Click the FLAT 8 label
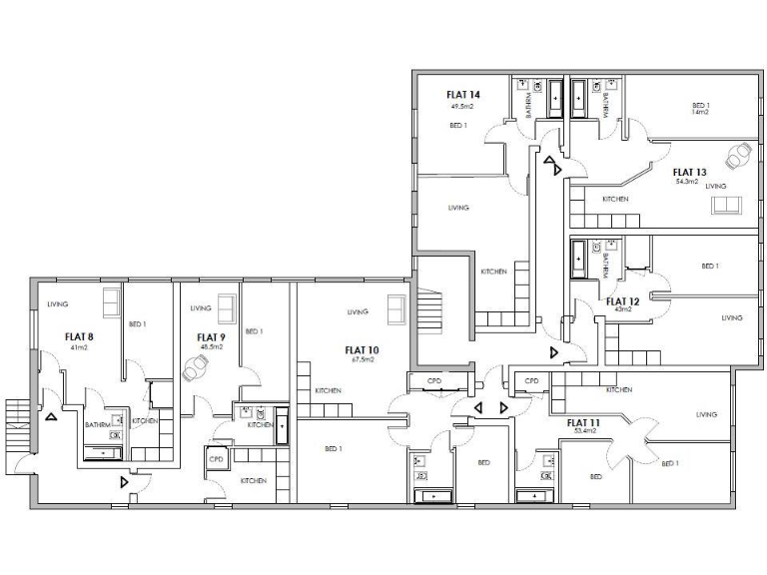(x=79, y=336)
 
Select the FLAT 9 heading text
(x=211, y=336)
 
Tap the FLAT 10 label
(x=362, y=349)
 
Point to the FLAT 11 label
(x=583, y=422)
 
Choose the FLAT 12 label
(x=622, y=299)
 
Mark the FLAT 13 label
(x=689, y=171)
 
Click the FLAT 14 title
(x=463, y=94)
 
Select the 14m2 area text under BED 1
(x=700, y=113)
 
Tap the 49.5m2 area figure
(x=461, y=105)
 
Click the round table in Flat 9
(x=196, y=367)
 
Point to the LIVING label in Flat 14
(x=458, y=208)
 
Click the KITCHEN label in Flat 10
(x=330, y=390)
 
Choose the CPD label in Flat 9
(x=216, y=458)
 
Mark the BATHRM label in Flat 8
(x=97, y=424)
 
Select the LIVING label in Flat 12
(x=732, y=317)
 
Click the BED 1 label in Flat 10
(x=334, y=448)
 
